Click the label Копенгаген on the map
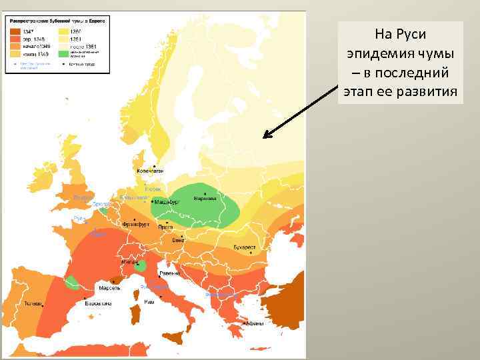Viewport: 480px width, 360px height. coord(150,171)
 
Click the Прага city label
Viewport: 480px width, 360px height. coord(166,227)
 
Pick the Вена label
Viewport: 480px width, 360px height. coord(178,239)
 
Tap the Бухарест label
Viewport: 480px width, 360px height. coord(244,247)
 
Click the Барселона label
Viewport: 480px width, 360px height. coord(97,303)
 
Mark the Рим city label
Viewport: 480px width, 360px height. coord(149,302)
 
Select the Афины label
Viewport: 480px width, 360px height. coord(254,323)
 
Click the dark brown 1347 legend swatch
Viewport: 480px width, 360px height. coord(15,31)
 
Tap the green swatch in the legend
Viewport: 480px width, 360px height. coord(64,53)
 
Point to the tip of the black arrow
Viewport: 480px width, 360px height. coord(264,138)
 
